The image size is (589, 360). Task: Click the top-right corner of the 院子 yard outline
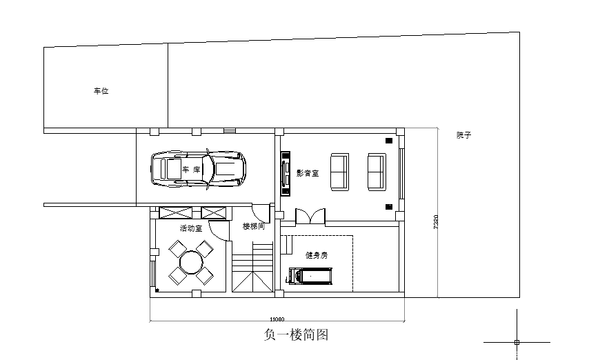[x=519, y=32]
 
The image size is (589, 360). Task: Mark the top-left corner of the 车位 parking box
[x=44, y=48]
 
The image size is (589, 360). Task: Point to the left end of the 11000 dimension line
[x=150, y=321]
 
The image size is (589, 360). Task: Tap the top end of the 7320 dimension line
[x=438, y=128]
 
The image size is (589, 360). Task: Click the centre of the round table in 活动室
[x=191, y=262]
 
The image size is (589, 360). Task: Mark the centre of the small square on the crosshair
[x=517, y=342]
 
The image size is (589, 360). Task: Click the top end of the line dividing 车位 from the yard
[x=168, y=43]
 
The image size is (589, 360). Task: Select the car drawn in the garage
[x=199, y=169]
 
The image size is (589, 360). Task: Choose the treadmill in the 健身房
[x=310, y=276]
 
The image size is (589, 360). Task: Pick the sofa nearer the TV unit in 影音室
[x=339, y=172]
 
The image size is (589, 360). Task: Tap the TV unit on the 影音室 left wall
[x=286, y=173]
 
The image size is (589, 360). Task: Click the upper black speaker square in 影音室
[x=389, y=141]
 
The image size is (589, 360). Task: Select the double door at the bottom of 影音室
[x=310, y=217]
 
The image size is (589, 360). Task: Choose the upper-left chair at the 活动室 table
[x=177, y=249]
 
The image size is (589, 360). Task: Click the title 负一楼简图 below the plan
[x=296, y=334]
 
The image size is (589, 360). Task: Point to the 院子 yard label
[x=464, y=135]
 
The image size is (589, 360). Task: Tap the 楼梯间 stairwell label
[x=254, y=226]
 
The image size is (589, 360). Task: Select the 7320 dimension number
[x=436, y=221]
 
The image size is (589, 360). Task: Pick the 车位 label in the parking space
[x=101, y=91]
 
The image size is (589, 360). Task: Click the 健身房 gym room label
[x=317, y=256]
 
